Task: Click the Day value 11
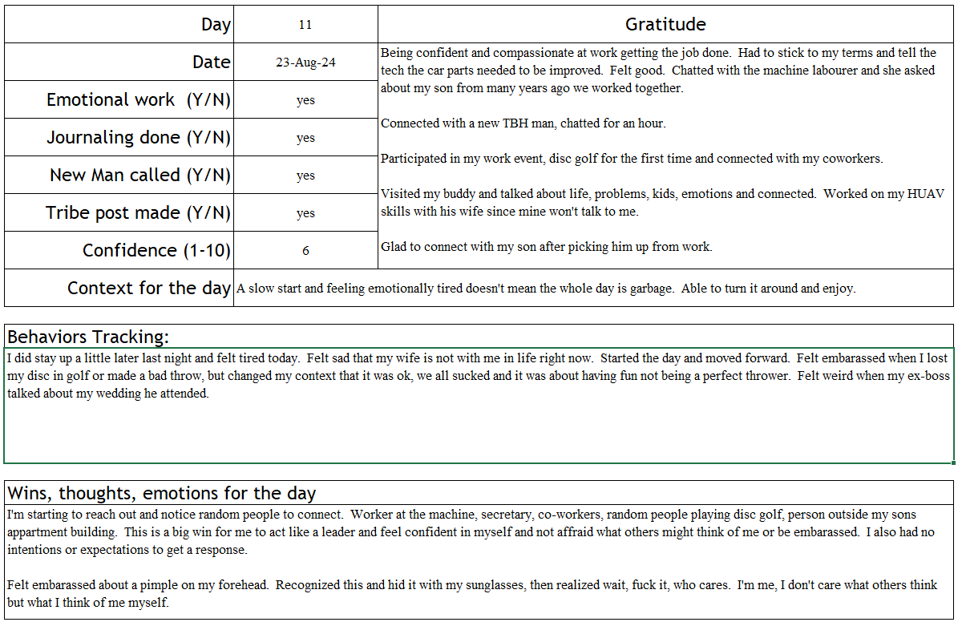[305, 25]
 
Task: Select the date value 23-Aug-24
[305, 63]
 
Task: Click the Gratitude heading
[665, 25]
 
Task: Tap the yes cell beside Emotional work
[305, 100]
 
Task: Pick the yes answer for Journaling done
[305, 138]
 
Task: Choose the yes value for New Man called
[305, 176]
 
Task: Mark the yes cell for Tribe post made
[305, 213]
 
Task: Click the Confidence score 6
[305, 251]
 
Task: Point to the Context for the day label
[149, 288]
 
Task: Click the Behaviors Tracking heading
[88, 337]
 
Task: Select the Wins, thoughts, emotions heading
[161, 493]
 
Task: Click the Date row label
[211, 63]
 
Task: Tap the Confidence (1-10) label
[156, 251]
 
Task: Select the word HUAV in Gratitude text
[928, 194]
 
